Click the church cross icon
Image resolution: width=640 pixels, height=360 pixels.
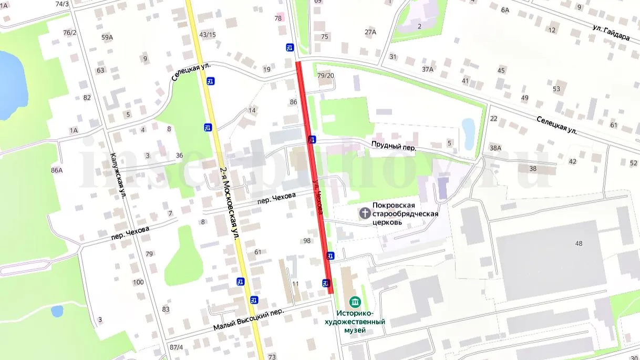click(x=364, y=213)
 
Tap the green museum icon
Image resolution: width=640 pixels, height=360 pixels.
click(x=356, y=302)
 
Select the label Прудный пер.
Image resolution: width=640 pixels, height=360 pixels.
click(x=394, y=148)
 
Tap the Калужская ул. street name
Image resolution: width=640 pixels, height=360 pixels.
click(x=119, y=176)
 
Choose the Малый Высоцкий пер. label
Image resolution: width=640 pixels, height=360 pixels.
click(x=249, y=320)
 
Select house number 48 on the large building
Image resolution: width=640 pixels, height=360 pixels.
click(x=579, y=243)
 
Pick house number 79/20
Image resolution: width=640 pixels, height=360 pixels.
click(x=326, y=76)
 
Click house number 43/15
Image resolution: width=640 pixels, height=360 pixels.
click(x=208, y=35)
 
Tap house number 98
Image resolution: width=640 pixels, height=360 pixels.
click(x=307, y=241)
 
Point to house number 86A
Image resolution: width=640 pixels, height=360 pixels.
click(x=57, y=170)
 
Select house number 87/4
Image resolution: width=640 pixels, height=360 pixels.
click(x=177, y=347)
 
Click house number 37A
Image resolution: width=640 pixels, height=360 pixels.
click(x=427, y=69)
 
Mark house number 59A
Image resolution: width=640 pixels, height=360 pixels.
click(x=107, y=37)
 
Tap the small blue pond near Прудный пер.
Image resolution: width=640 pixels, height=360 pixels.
click(x=468, y=127)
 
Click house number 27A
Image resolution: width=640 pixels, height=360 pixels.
click(x=370, y=32)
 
